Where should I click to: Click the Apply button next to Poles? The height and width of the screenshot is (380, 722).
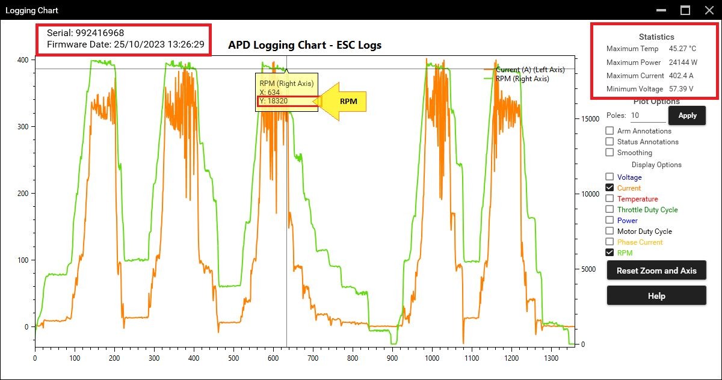(x=687, y=115)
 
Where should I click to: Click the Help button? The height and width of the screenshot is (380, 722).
(x=656, y=296)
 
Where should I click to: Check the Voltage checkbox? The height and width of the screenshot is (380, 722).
(x=609, y=177)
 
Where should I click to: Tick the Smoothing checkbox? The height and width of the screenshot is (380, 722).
(x=609, y=152)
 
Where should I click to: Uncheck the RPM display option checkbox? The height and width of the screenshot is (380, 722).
(x=609, y=253)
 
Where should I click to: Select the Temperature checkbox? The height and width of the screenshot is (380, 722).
(x=609, y=198)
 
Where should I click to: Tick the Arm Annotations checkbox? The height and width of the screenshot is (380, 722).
(x=609, y=130)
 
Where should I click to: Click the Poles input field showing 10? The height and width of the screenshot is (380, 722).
(x=648, y=115)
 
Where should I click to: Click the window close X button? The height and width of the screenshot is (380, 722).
(x=709, y=10)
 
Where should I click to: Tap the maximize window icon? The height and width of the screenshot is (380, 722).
(x=685, y=10)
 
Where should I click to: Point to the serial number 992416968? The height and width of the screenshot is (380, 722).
(x=100, y=33)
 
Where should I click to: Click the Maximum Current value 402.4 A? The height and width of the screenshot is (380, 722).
(x=681, y=76)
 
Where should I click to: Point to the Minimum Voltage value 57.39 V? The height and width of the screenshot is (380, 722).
(x=681, y=89)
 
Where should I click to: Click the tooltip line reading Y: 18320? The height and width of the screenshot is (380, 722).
(x=274, y=101)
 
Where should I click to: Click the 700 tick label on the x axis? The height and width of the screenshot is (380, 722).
(x=313, y=358)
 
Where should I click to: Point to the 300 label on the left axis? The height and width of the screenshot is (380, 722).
(x=23, y=126)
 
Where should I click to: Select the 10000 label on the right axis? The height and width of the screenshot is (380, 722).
(x=590, y=194)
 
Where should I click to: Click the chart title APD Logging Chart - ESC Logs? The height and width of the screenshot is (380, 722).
(x=304, y=45)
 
